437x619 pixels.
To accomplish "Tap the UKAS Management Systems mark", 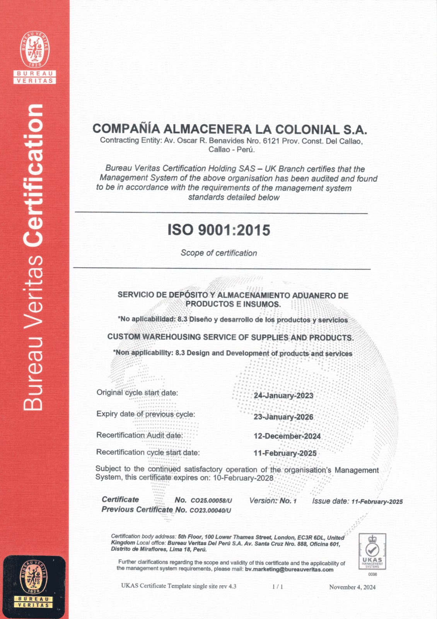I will [372, 551].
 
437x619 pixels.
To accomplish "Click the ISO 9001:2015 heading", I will [219, 230].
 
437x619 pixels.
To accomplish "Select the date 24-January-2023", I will [283, 395].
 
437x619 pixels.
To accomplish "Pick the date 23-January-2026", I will [283, 417].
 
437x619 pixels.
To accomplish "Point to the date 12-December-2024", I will [287, 436].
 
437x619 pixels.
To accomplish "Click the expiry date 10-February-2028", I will [243, 478].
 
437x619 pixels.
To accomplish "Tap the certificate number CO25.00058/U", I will [211, 501].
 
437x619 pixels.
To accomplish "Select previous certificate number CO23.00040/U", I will [210, 510].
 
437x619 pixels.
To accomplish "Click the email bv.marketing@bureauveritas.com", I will [289, 569].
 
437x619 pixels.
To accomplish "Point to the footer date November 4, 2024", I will [352, 587].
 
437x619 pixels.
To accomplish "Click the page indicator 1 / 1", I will [277, 587].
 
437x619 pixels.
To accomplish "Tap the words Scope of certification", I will [218, 253].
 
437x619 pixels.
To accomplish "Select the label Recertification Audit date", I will [139, 435].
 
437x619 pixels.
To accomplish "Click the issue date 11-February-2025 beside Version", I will [377, 501].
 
